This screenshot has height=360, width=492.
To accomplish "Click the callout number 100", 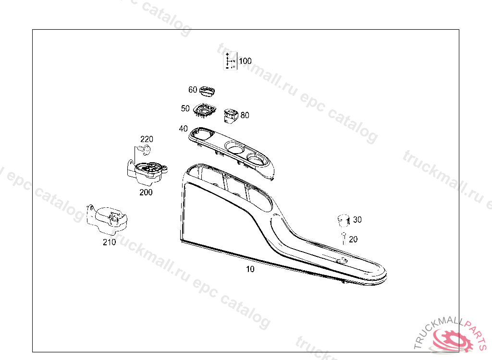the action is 245,61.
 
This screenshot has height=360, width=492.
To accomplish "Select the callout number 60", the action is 193,90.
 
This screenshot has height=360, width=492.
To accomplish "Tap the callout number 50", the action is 185,109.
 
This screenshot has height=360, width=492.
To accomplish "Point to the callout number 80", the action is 245,115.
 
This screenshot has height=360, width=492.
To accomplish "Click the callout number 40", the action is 183,129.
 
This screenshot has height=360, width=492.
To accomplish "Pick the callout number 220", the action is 147,139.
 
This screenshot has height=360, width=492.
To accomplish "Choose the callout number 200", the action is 146,192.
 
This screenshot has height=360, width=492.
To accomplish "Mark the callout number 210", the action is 109,242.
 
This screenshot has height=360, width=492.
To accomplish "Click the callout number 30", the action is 357,220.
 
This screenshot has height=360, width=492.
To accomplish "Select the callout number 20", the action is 353,239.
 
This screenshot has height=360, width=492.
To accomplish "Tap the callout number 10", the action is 250,269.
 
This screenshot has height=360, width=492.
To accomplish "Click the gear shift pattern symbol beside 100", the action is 230,61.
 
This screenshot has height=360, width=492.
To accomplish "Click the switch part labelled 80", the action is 231,115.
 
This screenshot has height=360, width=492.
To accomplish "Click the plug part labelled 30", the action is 343,220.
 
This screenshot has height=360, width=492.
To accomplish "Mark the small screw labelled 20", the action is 344,237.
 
